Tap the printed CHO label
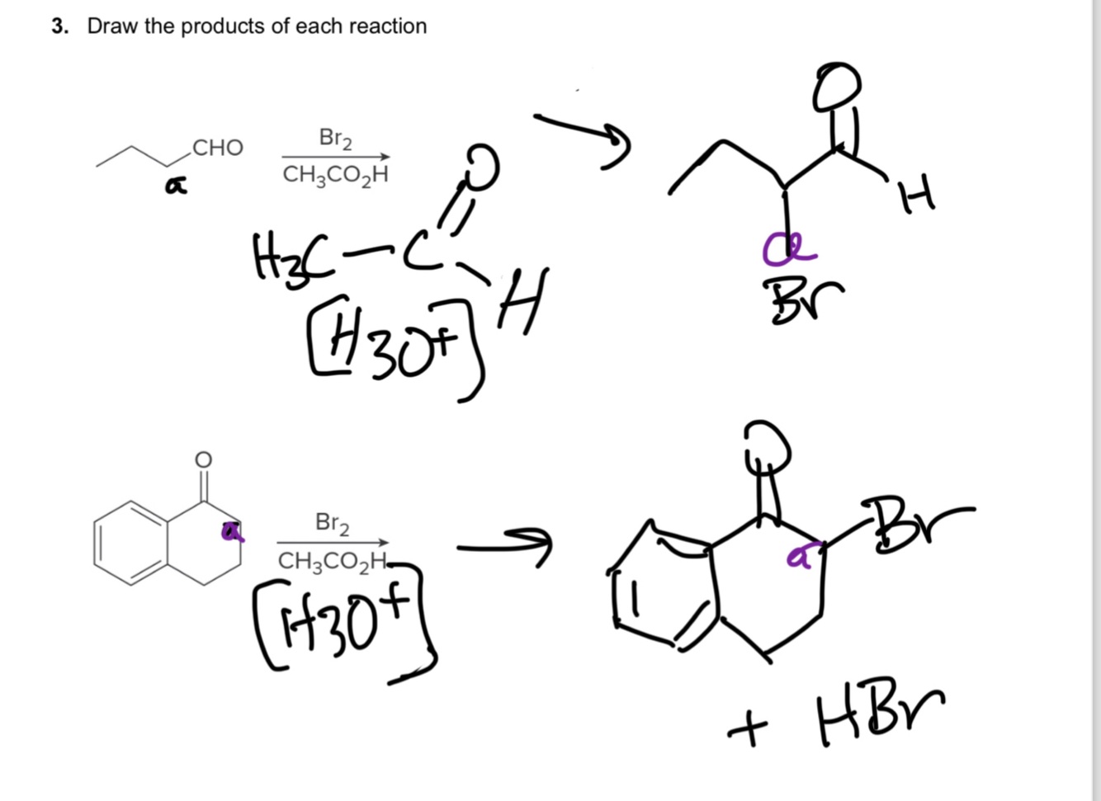[x=217, y=148]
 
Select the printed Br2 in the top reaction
[x=335, y=138]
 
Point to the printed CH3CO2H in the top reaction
[x=335, y=175]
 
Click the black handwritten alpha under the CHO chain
[x=174, y=187]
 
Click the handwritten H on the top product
[x=917, y=196]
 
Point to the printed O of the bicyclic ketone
[x=203, y=459]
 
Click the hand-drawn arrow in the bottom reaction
[x=503, y=546]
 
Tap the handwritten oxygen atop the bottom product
[x=768, y=445]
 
